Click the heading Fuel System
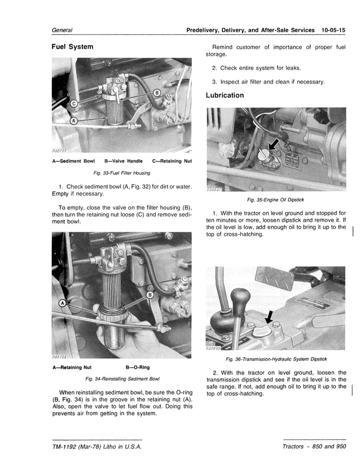(x=72, y=46)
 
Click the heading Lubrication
(x=225, y=95)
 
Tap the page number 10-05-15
(x=333, y=30)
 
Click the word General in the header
(x=63, y=30)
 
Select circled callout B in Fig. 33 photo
(x=157, y=93)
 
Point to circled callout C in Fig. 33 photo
(x=73, y=103)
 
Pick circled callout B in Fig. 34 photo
(x=150, y=295)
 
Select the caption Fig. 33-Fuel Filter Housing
(x=121, y=173)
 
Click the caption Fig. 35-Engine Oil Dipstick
(x=276, y=200)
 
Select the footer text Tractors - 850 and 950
(x=314, y=447)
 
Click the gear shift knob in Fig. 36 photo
(x=240, y=296)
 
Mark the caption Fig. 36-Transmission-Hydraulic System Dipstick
(x=276, y=359)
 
